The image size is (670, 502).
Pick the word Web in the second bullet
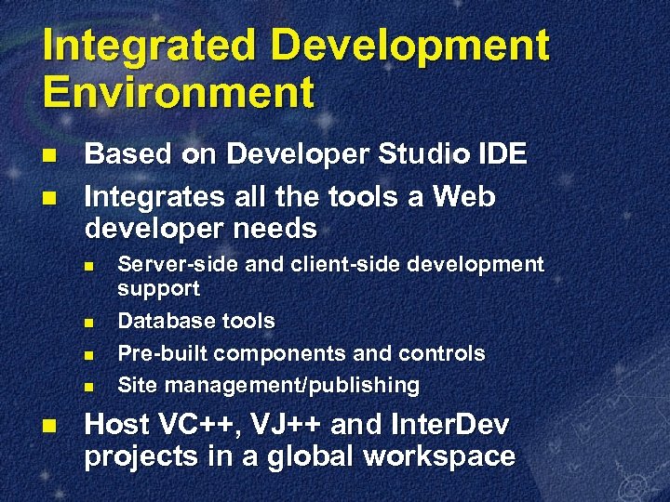pos(464,197)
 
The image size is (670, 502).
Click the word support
pos(158,289)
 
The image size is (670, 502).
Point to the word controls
pos(442,354)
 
